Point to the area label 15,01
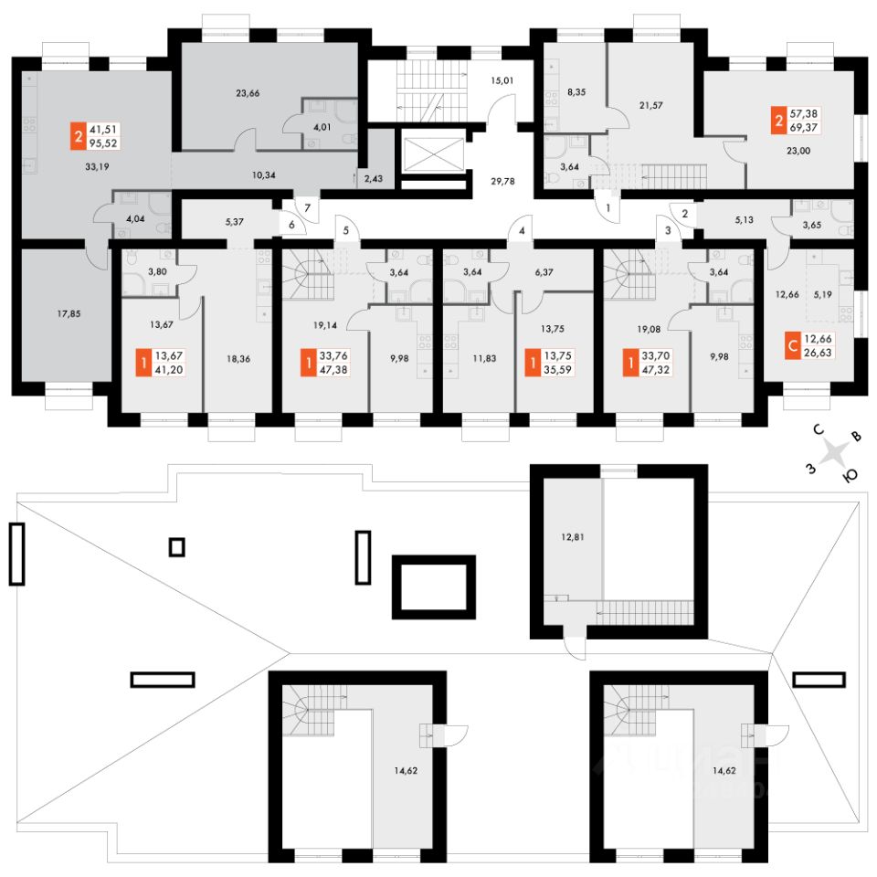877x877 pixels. pos(502,80)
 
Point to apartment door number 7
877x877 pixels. pos(308,208)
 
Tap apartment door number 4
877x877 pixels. pos(522,231)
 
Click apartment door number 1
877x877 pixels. pos(607,208)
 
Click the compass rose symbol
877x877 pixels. pos(835,454)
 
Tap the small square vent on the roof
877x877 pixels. pos(177,547)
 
